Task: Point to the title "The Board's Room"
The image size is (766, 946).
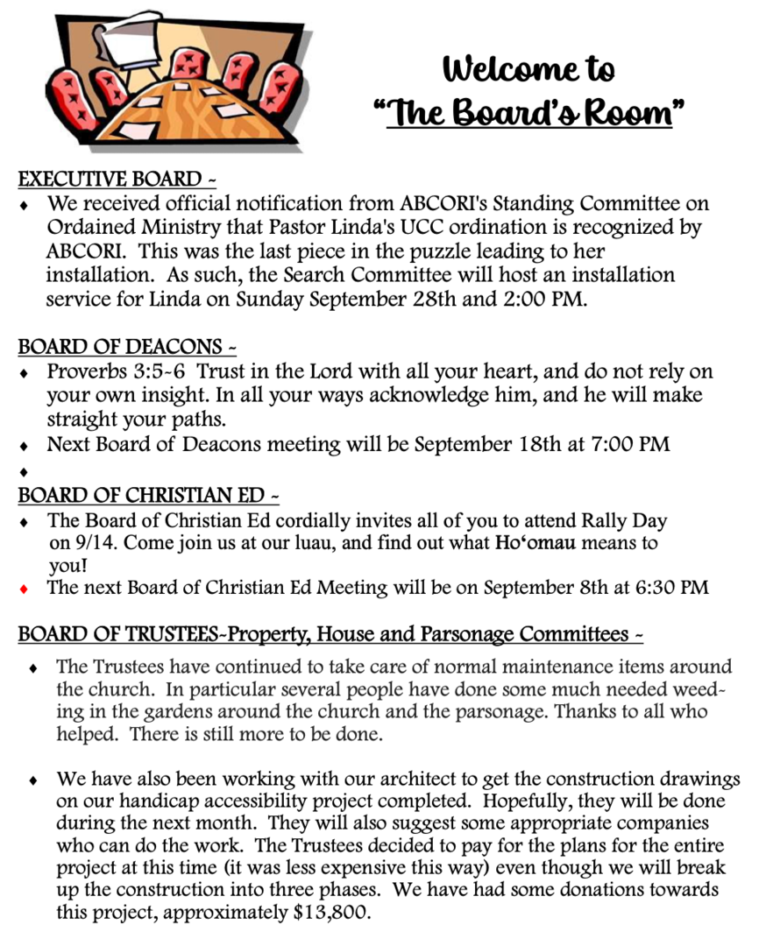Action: click(529, 112)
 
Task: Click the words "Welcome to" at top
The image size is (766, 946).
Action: click(528, 68)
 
